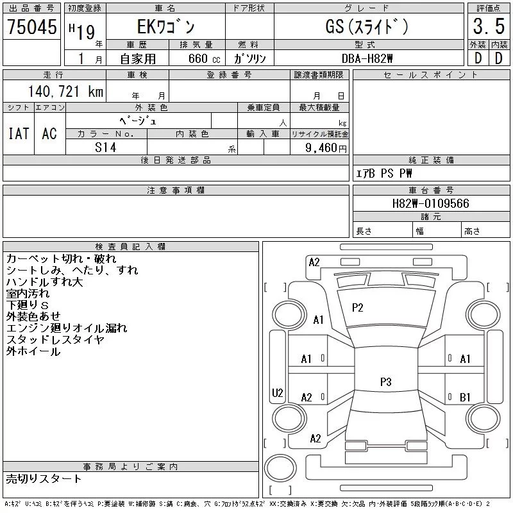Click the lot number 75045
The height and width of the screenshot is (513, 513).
coord(31,27)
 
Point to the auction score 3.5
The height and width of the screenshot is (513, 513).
coord(489,26)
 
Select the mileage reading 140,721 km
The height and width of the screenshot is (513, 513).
coord(65,91)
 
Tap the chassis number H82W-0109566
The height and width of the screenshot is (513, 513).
coord(430,203)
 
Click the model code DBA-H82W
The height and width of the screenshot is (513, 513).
coord(367,58)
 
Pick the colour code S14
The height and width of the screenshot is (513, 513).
coord(106,147)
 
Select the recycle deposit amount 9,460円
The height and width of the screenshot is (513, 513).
coord(326,148)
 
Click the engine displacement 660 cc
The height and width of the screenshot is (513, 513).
coord(204,58)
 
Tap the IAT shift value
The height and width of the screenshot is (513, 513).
coord(19,133)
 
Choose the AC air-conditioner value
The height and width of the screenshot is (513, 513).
coord(49,133)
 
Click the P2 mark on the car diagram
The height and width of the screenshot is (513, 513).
coord(357,308)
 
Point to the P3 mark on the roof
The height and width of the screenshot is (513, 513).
coord(386,382)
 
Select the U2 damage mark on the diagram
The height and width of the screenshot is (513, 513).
coord(278,392)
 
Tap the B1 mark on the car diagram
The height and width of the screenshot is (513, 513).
coord(465,397)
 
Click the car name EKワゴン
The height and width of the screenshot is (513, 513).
coord(166,27)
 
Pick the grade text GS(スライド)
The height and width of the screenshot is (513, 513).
coord(367,26)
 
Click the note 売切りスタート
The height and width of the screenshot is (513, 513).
coord(44,478)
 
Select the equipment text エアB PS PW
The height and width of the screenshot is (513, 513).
coord(383,173)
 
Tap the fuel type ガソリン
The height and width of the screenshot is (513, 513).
coord(249,58)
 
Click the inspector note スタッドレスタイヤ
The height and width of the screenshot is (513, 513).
coord(55,340)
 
